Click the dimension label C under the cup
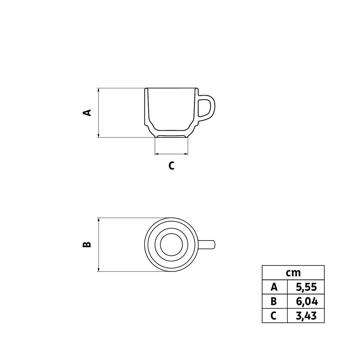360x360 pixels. (171, 166)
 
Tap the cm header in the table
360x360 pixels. (293, 272)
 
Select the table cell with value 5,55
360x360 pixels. (306, 287)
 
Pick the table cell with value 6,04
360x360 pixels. (306, 301)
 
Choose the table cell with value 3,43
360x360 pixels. (306, 316)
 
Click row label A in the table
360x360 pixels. (274, 287)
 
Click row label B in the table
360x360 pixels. (274, 301)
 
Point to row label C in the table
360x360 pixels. (274, 316)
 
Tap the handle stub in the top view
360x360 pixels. (207, 245)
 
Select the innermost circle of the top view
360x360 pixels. (171, 245)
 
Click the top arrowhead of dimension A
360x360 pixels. (99, 90)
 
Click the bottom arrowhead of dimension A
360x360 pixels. (99, 135)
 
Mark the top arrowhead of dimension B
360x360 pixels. (99, 220)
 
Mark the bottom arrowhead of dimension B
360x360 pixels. (99, 269)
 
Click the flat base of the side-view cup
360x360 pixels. (171, 136)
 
